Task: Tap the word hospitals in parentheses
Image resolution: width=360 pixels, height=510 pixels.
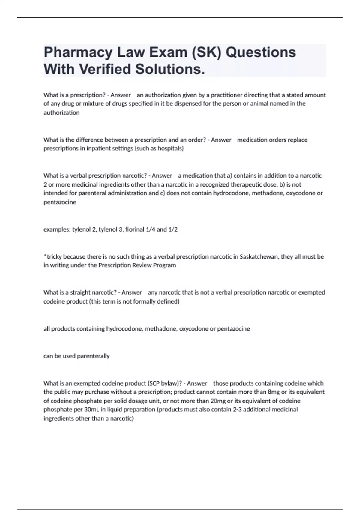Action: [x=170, y=148]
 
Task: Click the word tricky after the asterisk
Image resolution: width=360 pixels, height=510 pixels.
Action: [x=54, y=257]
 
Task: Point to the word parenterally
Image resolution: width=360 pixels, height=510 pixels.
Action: [x=93, y=356]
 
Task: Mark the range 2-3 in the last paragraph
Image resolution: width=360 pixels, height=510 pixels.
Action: [x=237, y=409]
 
